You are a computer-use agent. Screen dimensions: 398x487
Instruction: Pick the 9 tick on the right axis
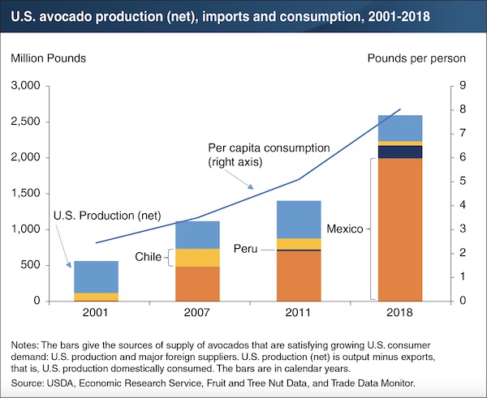459,86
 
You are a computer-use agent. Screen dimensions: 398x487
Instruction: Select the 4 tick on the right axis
459,206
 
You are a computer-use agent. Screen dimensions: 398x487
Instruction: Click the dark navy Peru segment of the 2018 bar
400,152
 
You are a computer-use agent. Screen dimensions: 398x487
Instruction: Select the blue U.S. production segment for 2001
96,276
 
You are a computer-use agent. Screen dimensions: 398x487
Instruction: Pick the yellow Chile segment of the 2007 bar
197,258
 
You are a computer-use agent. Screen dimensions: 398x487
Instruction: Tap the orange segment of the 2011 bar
299,276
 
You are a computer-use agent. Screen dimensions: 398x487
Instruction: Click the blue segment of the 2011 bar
299,220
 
